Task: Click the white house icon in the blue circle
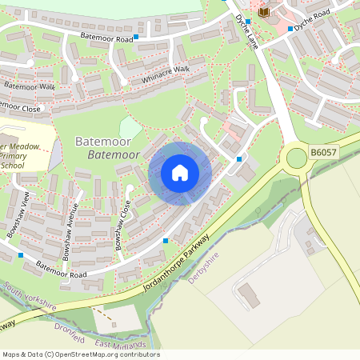coord(180,173)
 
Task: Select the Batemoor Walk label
coord(29,86)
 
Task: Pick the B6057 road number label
coord(323,151)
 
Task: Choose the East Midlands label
coord(118,344)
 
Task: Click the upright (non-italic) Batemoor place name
coord(108,141)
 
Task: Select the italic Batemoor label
coord(114,154)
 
